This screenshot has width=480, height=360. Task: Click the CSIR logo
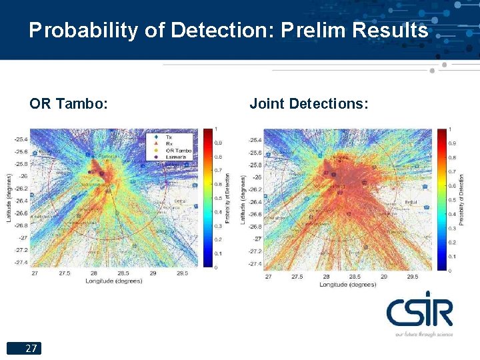click(419, 312)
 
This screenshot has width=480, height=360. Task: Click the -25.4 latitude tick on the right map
click(255, 140)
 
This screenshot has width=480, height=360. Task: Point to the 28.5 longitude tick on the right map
click(355, 276)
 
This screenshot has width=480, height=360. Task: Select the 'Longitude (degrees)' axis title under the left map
click(113, 281)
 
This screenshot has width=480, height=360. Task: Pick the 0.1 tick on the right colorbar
click(453, 256)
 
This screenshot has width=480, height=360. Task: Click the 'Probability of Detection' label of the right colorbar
click(461, 199)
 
